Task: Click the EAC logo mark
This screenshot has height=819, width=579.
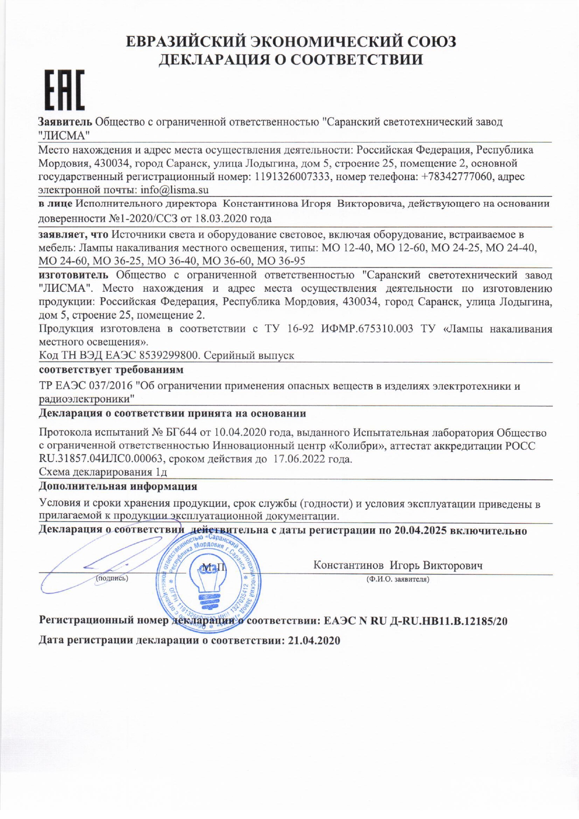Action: [x=64, y=90]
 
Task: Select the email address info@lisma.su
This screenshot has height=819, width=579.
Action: [x=174, y=190]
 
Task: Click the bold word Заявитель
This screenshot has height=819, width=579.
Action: [x=65, y=122]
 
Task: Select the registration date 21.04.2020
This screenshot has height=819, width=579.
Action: [x=314, y=641]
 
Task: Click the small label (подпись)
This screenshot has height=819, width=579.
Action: [x=112, y=578]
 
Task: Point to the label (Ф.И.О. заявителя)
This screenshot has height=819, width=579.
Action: [x=398, y=579]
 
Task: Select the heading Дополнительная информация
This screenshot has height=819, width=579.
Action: [x=118, y=486]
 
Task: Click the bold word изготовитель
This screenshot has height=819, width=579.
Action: [x=73, y=275]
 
